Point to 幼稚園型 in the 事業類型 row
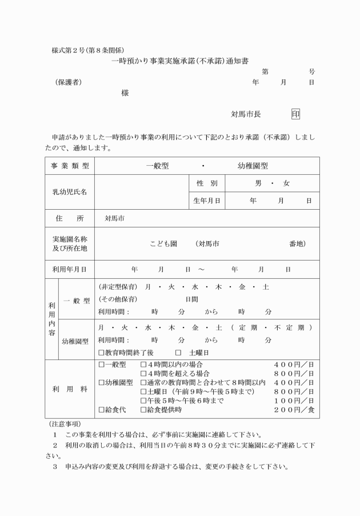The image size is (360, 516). pyautogui.click(x=253, y=166)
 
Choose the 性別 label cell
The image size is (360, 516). pyautogui.click(x=206, y=183)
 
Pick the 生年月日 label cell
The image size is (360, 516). pyautogui.click(x=206, y=201)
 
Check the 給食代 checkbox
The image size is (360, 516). pyautogui.click(x=101, y=410)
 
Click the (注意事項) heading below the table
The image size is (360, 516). pyautogui.click(x=62, y=424)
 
